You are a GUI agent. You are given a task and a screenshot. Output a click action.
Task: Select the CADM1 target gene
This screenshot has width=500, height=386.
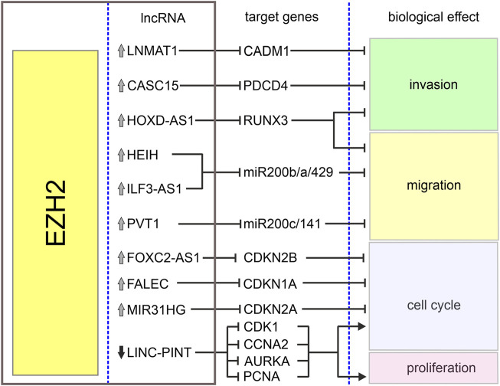click(x=266, y=51)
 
